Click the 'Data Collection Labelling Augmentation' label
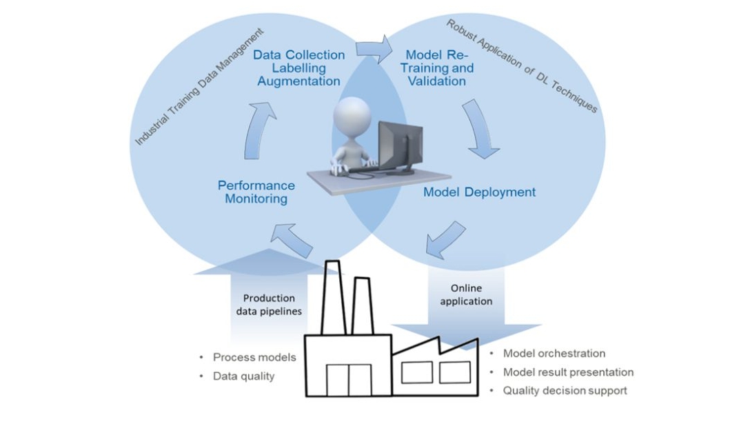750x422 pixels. click(298, 68)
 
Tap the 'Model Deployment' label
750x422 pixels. click(479, 192)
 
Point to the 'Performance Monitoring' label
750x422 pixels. click(256, 192)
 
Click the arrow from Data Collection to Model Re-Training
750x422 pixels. click(374, 49)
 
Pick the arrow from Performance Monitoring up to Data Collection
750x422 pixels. click(261, 128)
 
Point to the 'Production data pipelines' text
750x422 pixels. click(269, 305)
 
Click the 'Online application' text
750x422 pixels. click(472, 294)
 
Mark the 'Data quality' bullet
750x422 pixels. click(243, 376)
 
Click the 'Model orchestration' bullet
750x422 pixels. click(554, 354)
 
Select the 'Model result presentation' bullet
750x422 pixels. click(568, 372)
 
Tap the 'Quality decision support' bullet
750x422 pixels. click(565, 390)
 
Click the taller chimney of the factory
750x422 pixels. click(333, 297)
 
